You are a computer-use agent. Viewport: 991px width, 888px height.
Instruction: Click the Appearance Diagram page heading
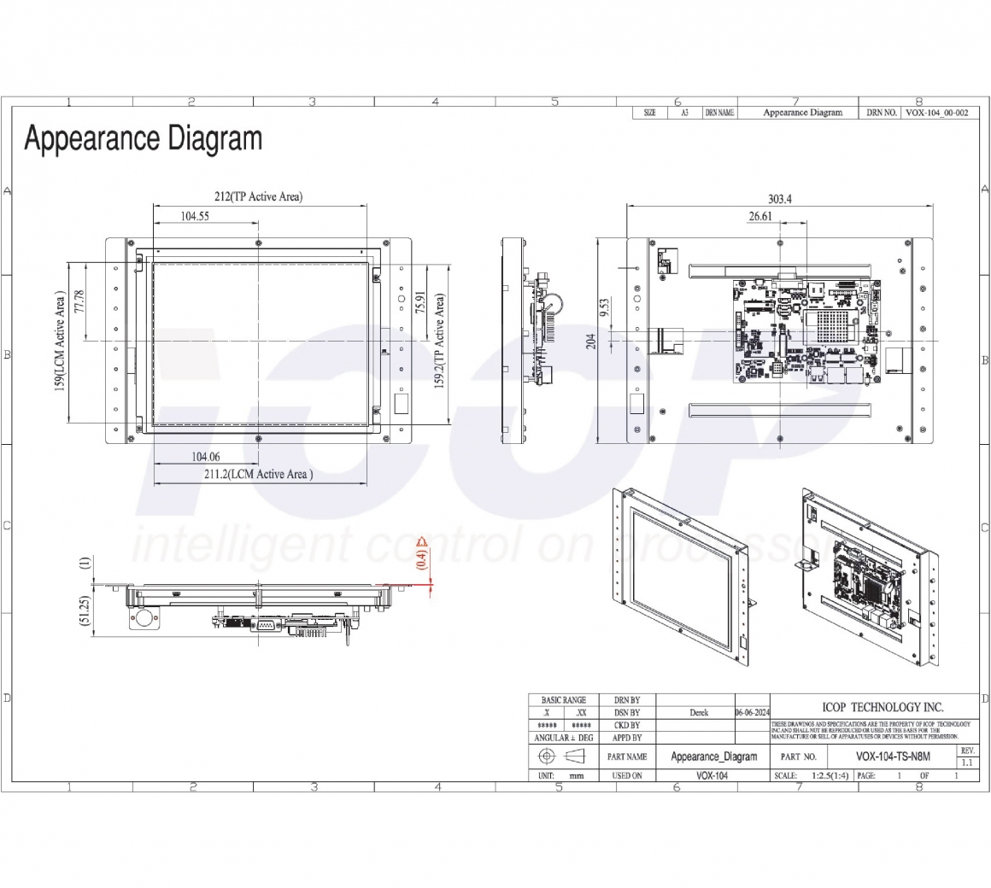point(143,138)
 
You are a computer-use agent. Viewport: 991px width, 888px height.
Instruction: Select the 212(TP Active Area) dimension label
point(258,196)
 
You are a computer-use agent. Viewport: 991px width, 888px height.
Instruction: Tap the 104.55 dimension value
point(195,216)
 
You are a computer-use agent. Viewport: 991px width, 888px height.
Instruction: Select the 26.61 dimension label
point(759,217)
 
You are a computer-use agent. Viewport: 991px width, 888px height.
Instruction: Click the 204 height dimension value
point(589,341)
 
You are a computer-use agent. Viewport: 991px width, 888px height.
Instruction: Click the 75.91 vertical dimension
point(419,305)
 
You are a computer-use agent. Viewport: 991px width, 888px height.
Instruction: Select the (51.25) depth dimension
point(85,611)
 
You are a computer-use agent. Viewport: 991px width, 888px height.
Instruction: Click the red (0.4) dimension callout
point(420,558)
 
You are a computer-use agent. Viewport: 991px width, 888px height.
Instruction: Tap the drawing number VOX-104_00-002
point(936,113)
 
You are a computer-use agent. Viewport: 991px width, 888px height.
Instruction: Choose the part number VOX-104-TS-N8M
point(893,757)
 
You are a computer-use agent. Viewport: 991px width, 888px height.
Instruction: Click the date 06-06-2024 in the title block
point(752,713)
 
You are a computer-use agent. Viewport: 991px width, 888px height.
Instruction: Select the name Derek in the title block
point(698,713)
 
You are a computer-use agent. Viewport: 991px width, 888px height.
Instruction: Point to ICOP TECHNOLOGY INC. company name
point(882,707)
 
